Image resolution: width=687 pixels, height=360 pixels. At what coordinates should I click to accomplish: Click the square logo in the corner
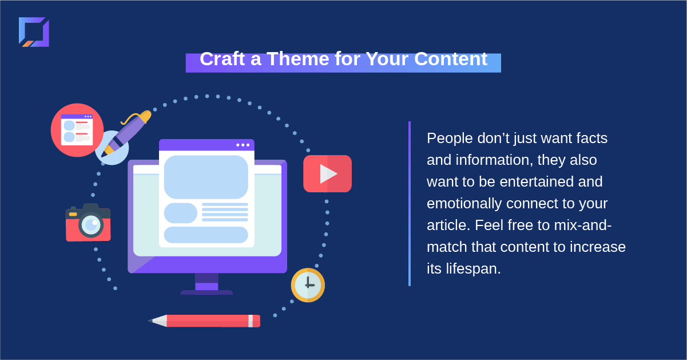34,32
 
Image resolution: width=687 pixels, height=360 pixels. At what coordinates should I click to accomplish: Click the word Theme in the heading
298,58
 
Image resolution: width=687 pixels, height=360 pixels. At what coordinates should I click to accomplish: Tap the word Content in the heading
451,58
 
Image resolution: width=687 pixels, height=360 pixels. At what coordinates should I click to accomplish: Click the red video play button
327,174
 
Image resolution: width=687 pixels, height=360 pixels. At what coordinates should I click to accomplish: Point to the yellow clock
308,285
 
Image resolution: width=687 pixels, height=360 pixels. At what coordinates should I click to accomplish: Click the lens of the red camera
91,226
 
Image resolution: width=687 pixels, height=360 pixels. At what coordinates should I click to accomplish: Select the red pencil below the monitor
204,321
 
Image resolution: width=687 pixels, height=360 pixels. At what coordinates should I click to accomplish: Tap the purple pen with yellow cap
126,133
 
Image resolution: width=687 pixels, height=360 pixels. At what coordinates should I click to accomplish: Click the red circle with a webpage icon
77,130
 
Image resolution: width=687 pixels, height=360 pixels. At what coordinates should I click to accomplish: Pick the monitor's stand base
207,292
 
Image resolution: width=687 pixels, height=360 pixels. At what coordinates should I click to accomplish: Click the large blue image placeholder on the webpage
206,177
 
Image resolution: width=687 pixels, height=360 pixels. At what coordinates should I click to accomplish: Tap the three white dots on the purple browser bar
243,145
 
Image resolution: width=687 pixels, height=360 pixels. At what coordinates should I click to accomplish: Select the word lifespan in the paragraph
473,268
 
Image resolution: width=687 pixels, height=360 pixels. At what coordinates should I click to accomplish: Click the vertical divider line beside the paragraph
410,204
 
